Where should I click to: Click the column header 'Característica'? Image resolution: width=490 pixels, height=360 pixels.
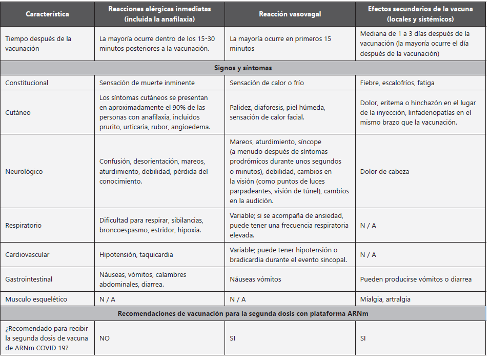[47, 14]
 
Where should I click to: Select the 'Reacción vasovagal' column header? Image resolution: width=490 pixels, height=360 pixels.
[290, 14]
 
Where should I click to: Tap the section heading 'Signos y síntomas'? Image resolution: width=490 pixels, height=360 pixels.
[243, 68]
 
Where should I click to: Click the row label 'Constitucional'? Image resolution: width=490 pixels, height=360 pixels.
[27, 83]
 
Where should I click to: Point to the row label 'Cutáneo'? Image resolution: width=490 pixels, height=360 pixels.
[18, 112]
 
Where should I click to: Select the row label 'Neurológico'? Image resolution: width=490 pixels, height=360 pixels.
[24, 171]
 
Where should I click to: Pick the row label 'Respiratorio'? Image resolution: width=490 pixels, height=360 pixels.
[24, 225]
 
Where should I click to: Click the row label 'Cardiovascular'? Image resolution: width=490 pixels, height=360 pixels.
[27, 254]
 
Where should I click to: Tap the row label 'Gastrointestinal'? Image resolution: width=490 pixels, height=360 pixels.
[29, 279]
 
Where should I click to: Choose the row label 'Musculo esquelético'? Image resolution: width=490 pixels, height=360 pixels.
[36, 299]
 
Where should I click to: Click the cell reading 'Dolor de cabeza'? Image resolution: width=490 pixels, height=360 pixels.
[384, 171]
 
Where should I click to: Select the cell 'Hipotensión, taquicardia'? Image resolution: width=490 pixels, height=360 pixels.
[136, 254]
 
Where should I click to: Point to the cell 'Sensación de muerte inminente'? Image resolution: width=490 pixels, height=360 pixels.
[147, 83]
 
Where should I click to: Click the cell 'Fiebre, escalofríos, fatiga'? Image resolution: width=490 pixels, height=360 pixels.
[397, 83]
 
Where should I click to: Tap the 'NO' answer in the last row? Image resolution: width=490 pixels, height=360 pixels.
[105, 338]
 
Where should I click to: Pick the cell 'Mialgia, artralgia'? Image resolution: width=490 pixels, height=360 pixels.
[385, 299]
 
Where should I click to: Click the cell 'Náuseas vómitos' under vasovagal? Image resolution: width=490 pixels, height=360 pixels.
[255, 279]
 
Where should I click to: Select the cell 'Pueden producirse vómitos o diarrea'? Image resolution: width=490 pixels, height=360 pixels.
[416, 279]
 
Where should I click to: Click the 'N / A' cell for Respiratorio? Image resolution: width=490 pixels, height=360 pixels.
[368, 225]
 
